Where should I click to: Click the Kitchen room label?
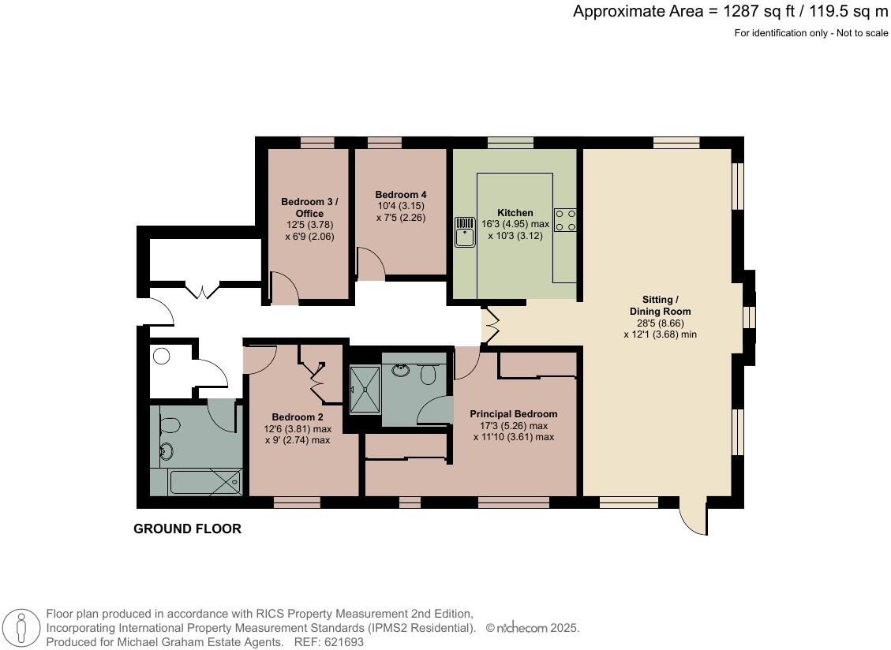(515, 213)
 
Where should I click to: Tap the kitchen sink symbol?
(464, 232)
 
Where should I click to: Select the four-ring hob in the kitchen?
(565, 219)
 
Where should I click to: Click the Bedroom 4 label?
(401, 195)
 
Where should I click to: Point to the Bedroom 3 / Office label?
(309, 207)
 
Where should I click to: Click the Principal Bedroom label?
(513, 414)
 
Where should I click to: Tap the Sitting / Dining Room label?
(660, 305)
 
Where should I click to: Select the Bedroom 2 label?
(298, 417)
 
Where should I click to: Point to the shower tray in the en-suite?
(365, 388)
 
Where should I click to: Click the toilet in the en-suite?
(429, 374)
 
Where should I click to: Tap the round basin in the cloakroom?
(162, 357)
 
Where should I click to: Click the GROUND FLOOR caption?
(187, 529)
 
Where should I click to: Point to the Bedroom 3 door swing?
(283, 290)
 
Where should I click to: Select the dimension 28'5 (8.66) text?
(660, 323)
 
